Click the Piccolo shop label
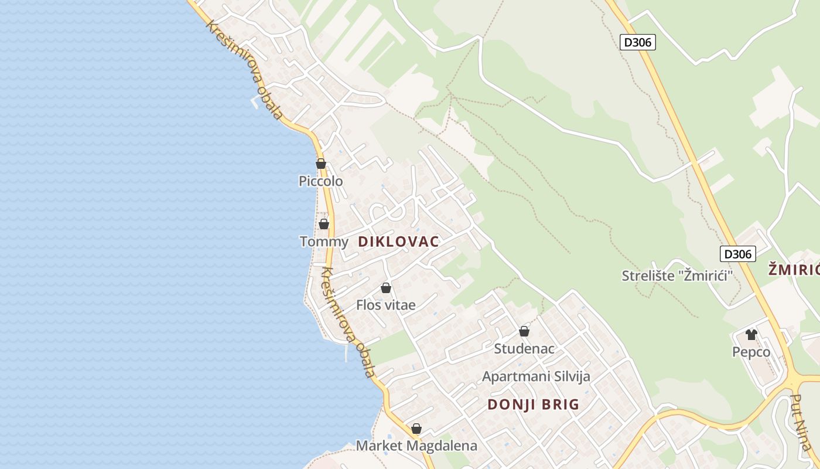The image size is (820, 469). point(320,181)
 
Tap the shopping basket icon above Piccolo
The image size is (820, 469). point(320,164)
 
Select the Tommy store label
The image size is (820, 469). point(324,242)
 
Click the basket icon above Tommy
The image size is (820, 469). point(324,224)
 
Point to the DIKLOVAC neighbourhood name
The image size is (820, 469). point(398,242)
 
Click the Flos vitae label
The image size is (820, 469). point(386,305)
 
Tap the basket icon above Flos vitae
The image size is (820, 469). point(386,288)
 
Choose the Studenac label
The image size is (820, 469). point(524,348)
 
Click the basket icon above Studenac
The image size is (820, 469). point(524,331)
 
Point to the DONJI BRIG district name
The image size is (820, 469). point(533,405)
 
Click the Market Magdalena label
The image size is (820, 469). point(416,446)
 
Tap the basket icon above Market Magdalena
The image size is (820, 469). point(416,429)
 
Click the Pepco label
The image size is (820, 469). point(751,352)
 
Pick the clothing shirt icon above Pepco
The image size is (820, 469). point(751,335)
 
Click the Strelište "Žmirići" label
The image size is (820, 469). point(678,276)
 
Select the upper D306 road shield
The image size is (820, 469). point(638,42)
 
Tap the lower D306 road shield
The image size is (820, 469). point(737,254)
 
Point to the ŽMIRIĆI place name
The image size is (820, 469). point(794,270)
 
